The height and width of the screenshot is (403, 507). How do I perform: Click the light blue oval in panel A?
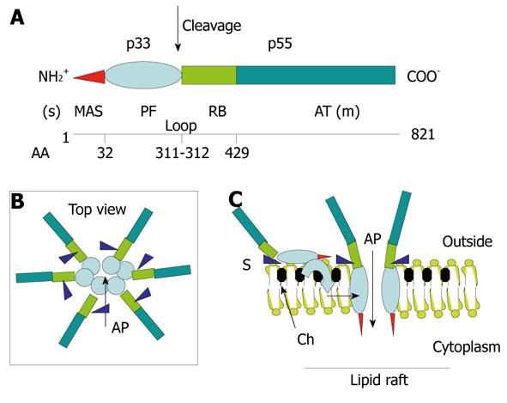(143, 75)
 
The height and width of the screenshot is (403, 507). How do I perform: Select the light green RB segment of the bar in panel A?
(208, 75)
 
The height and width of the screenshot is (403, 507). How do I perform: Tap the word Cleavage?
(212, 26)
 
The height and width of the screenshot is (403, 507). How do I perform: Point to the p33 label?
(138, 43)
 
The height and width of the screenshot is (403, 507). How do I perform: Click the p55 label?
(280, 43)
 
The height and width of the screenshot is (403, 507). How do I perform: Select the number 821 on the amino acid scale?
(423, 134)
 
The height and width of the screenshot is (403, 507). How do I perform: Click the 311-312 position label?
(183, 153)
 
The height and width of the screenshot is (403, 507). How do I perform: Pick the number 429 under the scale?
(237, 153)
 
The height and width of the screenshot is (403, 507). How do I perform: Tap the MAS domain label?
(88, 112)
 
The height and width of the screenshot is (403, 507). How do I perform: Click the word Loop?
(181, 126)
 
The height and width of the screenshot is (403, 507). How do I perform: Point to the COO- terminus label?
(423, 76)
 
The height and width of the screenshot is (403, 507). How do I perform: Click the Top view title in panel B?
(97, 210)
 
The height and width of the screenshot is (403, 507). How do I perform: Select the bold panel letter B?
(17, 201)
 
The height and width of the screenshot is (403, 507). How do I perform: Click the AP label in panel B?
(120, 328)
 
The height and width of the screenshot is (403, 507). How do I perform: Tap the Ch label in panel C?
(305, 339)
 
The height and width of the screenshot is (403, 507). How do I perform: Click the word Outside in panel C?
(468, 241)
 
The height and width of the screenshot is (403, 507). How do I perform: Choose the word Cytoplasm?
(467, 348)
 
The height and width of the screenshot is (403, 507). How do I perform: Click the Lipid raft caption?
(379, 380)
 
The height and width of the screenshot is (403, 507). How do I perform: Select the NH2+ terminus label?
(53, 76)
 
